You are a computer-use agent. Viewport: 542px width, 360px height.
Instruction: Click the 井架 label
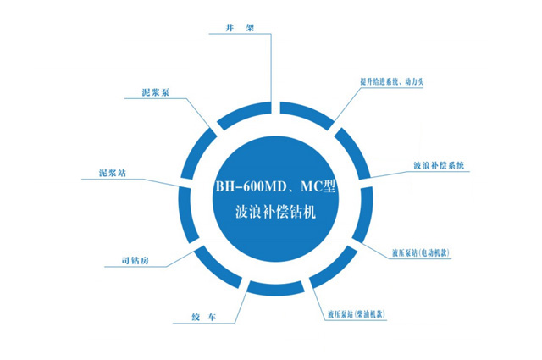[x=240, y=28]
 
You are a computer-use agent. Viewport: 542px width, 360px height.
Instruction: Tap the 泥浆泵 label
[x=156, y=92]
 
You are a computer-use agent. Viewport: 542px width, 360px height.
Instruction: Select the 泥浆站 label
[x=113, y=173]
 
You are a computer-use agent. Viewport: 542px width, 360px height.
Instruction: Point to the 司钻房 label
[x=135, y=260]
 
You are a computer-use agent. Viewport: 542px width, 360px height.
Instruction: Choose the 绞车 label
[x=204, y=317]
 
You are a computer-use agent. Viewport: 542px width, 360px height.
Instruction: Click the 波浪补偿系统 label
[x=439, y=165]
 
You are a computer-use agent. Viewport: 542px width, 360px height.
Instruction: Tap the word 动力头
[x=414, y=82]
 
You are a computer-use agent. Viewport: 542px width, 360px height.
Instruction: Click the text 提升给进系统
[x=379, y=82]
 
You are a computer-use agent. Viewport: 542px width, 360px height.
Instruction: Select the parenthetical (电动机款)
[x=434, y=252]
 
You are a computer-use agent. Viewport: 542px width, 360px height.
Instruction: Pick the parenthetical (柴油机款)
[x=369, y=314]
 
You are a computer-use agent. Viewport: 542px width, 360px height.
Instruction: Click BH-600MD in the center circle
[x=252, y=186]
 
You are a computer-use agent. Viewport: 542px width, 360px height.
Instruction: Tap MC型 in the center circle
[x=318, y=186]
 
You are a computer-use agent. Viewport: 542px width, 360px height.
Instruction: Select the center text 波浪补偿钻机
[x=275, y=212]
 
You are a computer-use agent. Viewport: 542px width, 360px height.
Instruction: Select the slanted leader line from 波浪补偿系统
[x=388, y=174]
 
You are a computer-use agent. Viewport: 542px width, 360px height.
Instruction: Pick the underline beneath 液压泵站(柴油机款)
[x=355, y=320]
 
